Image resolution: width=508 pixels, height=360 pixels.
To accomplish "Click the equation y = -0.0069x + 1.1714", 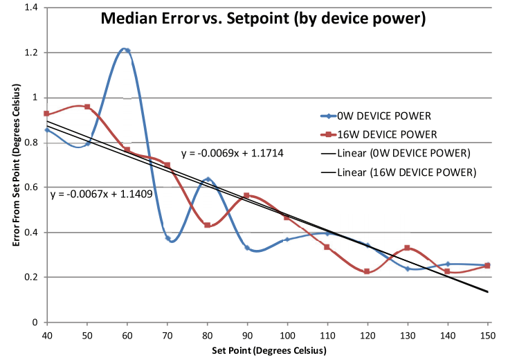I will (x=233, y=152).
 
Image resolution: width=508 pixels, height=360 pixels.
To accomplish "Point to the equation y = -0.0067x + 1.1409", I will (x=102, y=195).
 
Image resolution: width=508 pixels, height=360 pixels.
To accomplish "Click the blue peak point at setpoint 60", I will (x=127, y=50).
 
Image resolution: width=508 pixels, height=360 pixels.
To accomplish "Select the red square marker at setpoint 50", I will (x=87, y=107).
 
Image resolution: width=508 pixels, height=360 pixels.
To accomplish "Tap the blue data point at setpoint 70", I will (x=167, y=238).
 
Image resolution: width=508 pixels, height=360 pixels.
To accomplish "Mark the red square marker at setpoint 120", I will (x=368, y=271).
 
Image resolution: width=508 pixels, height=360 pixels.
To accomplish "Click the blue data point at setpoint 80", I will (x=208, y=179).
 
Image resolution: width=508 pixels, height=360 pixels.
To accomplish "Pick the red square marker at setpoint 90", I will (x=247, y=195).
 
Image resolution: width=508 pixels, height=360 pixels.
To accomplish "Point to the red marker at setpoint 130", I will (x=408, y=248).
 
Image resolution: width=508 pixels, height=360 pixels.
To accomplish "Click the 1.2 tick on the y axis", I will (x=30, y=53).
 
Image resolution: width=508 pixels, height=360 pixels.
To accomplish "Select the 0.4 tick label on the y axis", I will (x=30, y=233).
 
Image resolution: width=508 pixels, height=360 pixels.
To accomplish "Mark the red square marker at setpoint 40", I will (x=46, y=114).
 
